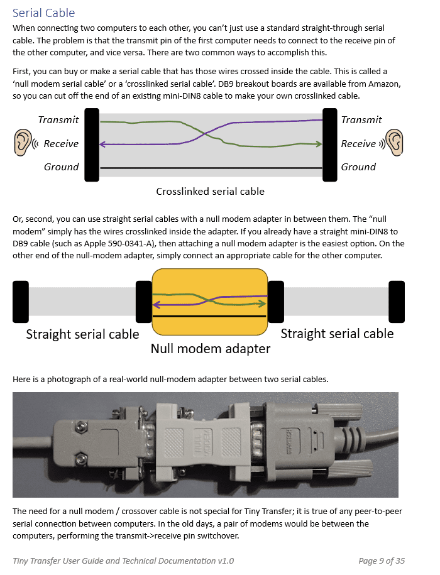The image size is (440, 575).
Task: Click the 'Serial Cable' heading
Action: click(x=43, y=13)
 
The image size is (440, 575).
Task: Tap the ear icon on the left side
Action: click(x=23, y=142)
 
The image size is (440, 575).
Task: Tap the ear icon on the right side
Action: click(x=395, y=142)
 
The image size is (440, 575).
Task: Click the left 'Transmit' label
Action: click(x=58, y=120)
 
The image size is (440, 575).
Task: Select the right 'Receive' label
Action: click(x=358, y=144)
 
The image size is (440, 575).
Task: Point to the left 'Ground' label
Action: click(x=61, y=167)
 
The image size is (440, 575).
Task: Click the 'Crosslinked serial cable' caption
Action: click(x=210, y=192)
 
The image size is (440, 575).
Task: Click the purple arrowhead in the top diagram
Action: click(x=102, y=145)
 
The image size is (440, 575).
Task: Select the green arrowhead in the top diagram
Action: click(x=319, y=144)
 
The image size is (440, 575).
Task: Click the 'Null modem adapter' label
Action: click(x=211, y=348)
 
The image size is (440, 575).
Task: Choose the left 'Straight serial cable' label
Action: click(x=82, y=334)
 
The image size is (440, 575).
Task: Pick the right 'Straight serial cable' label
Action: click(x=337, y=334)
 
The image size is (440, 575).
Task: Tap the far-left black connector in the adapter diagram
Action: click(x=21, y=302)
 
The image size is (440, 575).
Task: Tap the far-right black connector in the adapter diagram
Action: click(x=397, y=302)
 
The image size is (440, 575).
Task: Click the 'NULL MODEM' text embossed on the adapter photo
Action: click(x=203, y=444)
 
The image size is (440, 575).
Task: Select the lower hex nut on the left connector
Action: click(x=80, y=458)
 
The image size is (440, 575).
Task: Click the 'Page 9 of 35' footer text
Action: click(x=382, y=561)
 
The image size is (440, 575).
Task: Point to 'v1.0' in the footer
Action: click(x=226, y=561)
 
